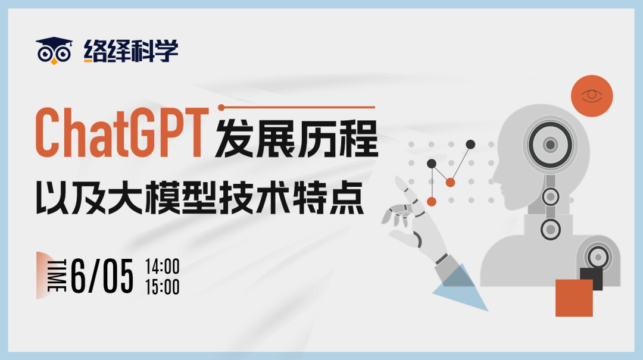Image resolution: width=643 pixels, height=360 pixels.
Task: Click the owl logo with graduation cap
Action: (54, 51)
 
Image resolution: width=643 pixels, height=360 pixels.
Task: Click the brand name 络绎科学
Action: (131, 51)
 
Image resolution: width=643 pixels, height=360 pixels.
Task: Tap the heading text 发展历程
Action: (296, 139)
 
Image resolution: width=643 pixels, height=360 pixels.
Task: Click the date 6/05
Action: (102, 276)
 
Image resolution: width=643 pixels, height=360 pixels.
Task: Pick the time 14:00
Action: (163, 267)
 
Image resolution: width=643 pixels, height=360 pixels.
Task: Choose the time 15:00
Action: (163, 287)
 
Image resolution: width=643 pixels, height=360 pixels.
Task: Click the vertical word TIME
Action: (57, 276)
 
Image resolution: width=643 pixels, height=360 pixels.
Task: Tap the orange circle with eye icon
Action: (592, 96)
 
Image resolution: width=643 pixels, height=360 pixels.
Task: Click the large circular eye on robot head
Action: (550, 145)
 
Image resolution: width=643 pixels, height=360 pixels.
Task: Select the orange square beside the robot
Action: (574, 298)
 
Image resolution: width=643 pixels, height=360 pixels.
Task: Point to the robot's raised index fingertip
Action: (397, 179)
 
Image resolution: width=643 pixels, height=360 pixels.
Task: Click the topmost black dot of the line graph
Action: (470, 145)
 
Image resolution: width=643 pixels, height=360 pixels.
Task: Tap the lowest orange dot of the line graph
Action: (432, 201)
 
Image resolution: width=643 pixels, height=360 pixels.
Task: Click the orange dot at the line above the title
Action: (221, 108)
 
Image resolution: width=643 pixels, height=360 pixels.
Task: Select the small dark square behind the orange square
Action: (591, 278)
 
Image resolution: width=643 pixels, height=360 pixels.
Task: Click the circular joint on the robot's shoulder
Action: (598, 258)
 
